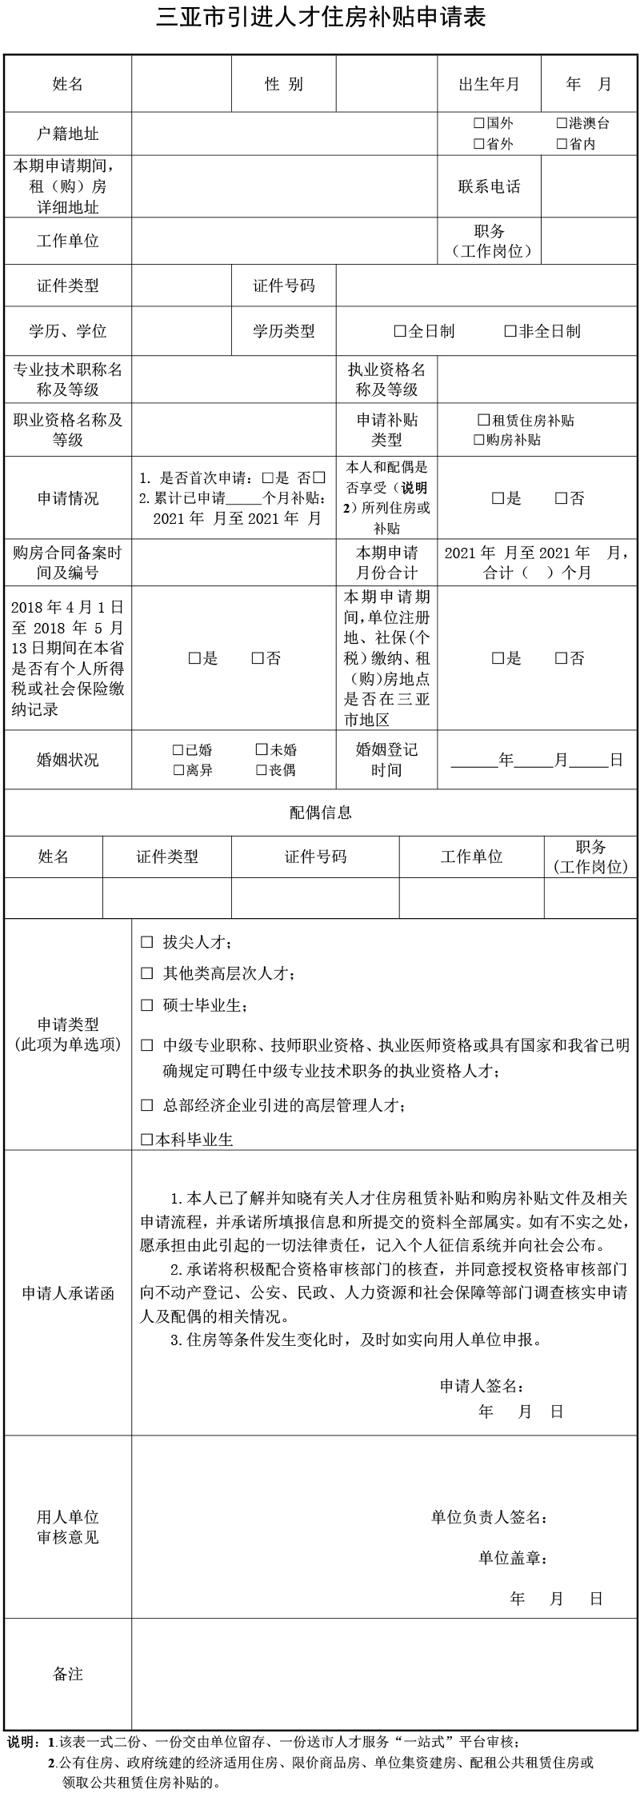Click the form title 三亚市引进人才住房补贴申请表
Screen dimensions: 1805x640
(320, 18)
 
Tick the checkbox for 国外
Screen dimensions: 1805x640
(479, 123)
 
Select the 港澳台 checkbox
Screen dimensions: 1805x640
(562, 123)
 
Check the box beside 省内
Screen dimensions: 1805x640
(562, 145)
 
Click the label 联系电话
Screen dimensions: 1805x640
(489, 186)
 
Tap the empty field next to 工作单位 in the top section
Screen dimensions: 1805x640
(285, 241)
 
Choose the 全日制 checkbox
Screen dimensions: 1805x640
(400, 331)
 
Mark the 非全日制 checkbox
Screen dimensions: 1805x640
(510, 331)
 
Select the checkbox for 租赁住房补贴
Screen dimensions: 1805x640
(483, 420)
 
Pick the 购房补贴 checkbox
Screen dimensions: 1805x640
(479, 440)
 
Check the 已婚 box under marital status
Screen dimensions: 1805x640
(178, 750)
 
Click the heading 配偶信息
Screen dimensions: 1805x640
(320, 813)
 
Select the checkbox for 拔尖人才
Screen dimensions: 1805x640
(146, 942)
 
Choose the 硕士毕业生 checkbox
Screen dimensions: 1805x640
(146, 1005)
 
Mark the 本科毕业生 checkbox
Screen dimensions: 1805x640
(146, 1140)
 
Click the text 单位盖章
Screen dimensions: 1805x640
(513, 1558)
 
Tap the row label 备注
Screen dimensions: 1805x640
(68, 1674)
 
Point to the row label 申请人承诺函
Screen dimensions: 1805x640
(68, 1293)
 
